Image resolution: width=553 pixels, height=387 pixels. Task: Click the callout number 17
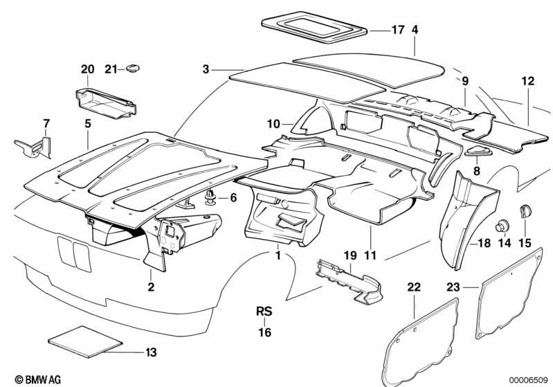(x=397, y=30)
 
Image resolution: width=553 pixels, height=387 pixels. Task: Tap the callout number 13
(x=151, y=352)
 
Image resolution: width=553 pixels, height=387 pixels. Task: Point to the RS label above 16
(x=264, y=311)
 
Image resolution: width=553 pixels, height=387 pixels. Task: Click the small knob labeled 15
(x=525, y=210)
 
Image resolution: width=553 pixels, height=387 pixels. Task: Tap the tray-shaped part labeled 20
(x=105, y=101)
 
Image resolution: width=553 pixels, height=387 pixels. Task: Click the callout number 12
(x=528, y=81)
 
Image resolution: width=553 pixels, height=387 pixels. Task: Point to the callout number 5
(x=88, y=124)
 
